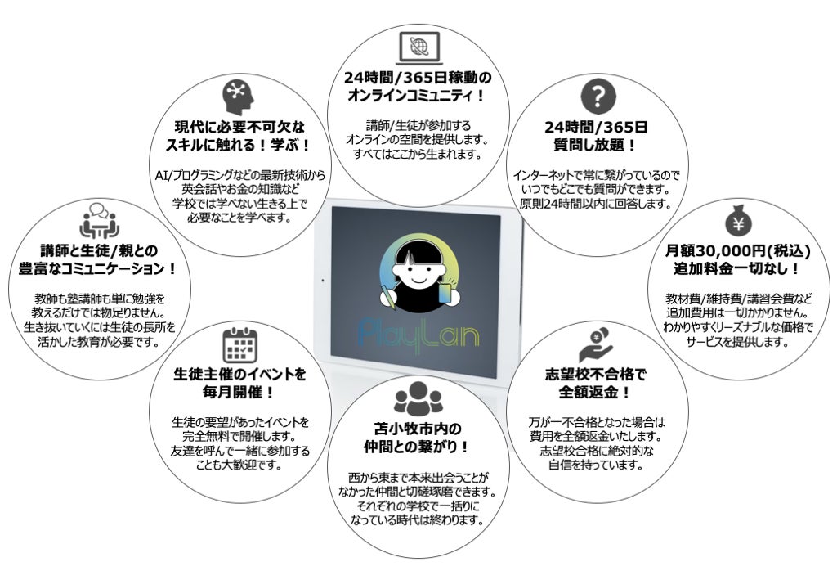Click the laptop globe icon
point(419,47)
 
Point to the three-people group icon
point(418,399)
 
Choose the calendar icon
point(239,345)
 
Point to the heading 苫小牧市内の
point(418,429)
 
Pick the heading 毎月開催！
point(239,393)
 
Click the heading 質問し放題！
point(596,146)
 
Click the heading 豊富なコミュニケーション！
point(99,268)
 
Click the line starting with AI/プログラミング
point(239,175)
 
